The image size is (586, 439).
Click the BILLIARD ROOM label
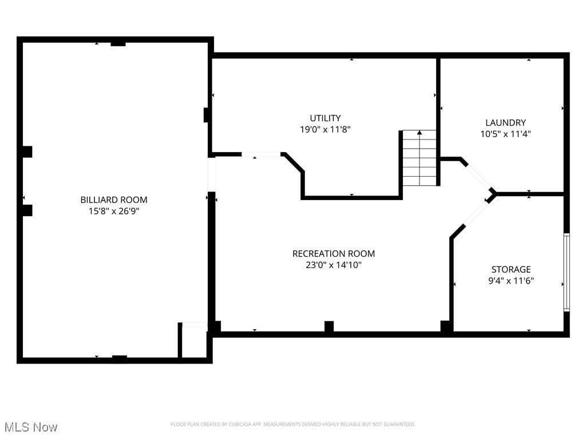click(x=113, y=199)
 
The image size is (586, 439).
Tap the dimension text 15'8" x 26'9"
click(x=113, y=211)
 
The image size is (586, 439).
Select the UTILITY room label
click(x=325, y=118)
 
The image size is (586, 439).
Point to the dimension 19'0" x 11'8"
click(x=325, y=130)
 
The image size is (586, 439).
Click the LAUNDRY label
click(x=505, y=122)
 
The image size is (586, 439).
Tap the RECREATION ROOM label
click(x=334, y=253)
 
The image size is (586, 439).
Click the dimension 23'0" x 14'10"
click(x=334, y=265)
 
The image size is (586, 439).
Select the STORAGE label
click(x=511, y=269)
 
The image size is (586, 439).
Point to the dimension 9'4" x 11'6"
click(x=511, y=281)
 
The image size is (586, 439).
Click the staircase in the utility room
click(x=419, y=159)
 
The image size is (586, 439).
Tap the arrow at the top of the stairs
click(x=419, y=133)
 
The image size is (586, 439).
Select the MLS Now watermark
click(x=30, y=427)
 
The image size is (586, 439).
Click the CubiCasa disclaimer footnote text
click(x=293, y=424)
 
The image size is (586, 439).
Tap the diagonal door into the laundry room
click(x=480, y=177)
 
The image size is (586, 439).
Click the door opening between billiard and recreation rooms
click(x=211, y=174)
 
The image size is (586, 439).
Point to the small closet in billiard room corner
click(x=194, y=342)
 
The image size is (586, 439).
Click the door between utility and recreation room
click(x=261, y=154)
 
